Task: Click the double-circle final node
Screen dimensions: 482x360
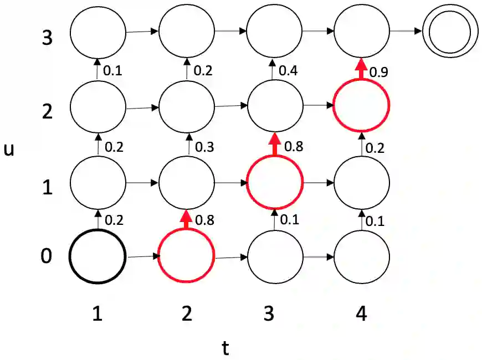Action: pyautogui.click(x=450, y=31)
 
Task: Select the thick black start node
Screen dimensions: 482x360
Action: pyautogui.click(x=98, y=256)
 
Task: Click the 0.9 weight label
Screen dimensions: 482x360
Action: pyautogui.click(x=378, y=72)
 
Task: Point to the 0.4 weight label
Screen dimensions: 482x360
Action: pyautogui.click(x=288, y=71)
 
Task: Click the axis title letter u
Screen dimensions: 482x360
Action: pyautogui.click(x=9, y=150)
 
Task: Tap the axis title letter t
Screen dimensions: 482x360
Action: pyautogui.click(x=225, y=348)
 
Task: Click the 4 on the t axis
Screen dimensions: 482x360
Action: pyautogui.click(x=361, y=315)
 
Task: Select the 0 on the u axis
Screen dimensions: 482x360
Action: pyautogui.click(x=48, y=257)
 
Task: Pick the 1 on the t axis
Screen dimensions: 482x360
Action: pyautogui.click(x=98, y=315)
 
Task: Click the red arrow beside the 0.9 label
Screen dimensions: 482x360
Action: pyautogui.click(x=361, y=69)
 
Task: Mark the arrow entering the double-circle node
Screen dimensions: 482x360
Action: pyautogui.click(x=406, y=31)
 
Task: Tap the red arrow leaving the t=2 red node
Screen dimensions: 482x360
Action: pyautogui.click(x=186, y=220)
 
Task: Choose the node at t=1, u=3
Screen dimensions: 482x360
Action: pyautogui.click(x=98, y=31)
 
